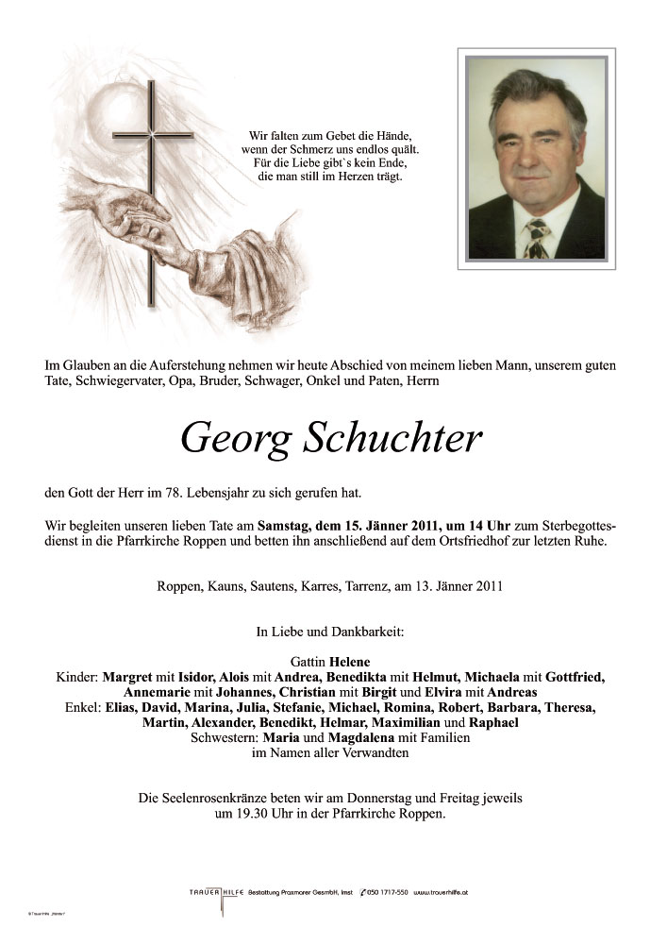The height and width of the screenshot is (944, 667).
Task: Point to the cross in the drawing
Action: pyautogui.click(x=150, y=189)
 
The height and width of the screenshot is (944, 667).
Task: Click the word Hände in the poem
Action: pyautogui.click(x=392, y=135)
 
